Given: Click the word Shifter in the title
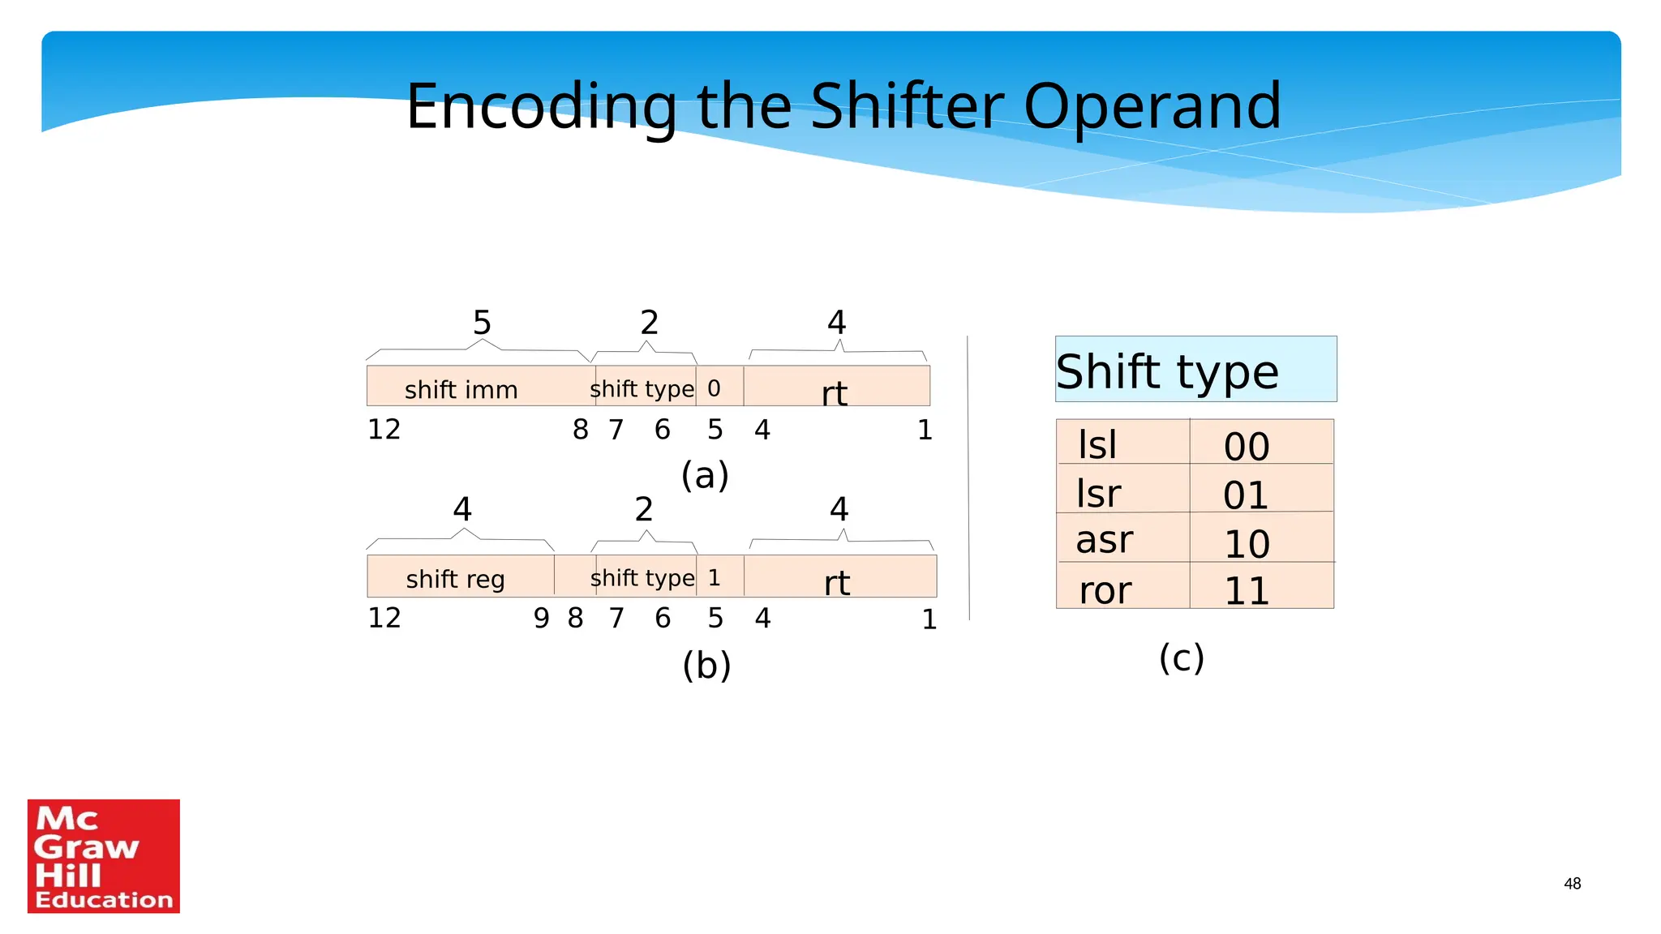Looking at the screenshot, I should click(907, 106).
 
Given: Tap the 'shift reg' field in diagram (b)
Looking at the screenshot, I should click(455, 578).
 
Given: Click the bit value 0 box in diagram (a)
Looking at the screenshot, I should click(715, 388).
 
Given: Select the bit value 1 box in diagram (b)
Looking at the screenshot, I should click(715, 577).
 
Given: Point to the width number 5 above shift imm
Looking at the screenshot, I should click(482, 323).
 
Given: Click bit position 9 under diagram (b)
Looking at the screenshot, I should click(541, 619).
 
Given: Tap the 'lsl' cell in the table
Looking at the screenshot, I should click(1099, 444).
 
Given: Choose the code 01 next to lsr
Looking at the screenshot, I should click(1247, 495).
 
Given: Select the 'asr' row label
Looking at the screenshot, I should click(1104, 540).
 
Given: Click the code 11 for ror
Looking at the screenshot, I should click(1247, 590).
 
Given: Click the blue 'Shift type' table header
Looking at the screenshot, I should click(1195, 371).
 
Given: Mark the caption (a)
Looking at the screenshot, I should click(705, 475).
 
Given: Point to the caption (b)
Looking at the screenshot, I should click(706, 665).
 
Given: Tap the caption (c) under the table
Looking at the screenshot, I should click(1181, 658).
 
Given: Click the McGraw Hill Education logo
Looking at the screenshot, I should click(104, 856).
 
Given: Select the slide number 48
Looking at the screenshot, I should click(1572, 884).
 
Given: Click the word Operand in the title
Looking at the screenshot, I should click(1152, 106).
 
